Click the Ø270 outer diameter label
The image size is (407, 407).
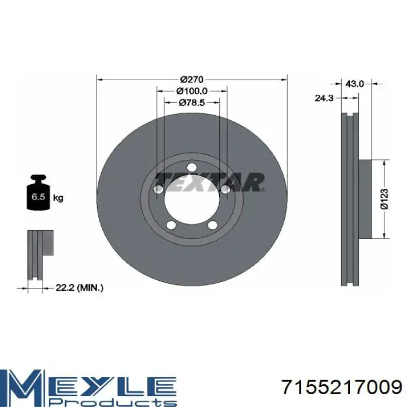(192, 79)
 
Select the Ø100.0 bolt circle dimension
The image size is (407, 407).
(192, 91)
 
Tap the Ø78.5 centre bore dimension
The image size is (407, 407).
(192, 103)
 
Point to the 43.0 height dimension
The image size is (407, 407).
(355, 84)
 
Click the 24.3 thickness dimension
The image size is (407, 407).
(324, 98)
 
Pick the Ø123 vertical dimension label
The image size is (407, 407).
(384, 199)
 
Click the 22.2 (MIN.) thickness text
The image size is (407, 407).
(80, 288)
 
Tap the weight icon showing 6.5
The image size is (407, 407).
(38, 192)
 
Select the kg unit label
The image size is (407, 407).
(58, 198)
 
